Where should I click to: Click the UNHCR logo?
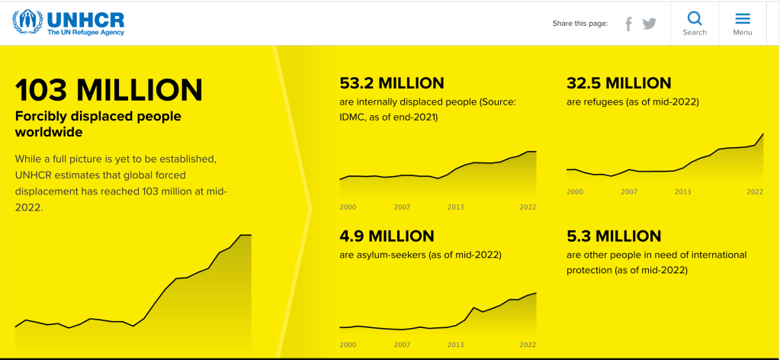(69, 22)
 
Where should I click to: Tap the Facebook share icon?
(629, 24)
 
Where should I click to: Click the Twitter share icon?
(649, 24)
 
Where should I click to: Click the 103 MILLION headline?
(109, 90)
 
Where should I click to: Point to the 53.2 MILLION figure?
(391, 83)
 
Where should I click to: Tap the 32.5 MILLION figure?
(619, 83)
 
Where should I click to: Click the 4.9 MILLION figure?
(387, 236)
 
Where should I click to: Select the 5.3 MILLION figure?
(614, 236)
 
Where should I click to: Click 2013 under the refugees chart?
(682, 191)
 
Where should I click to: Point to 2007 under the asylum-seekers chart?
(402, 345)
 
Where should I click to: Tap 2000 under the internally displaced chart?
(348, 207)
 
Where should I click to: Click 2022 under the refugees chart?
(755, 191)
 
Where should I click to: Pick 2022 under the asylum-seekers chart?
(528, 345)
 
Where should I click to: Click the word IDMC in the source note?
(352, 117)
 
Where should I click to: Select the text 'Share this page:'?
(580, 24)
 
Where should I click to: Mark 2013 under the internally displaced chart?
(455, 207)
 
